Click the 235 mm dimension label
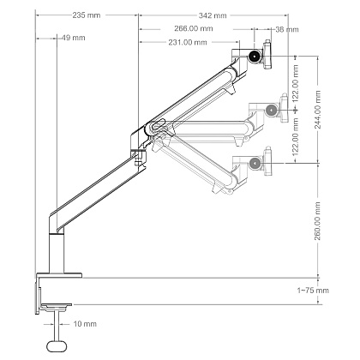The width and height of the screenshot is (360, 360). point(87,15)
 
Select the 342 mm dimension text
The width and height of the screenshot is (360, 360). point(213,15)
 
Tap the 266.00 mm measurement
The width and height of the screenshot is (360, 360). point(194,28)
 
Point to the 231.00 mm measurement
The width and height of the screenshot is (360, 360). point(188,42)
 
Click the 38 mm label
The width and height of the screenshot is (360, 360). point(287,29)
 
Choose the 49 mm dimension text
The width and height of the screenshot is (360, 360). point(74,38)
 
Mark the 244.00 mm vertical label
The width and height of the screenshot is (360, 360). point(318,110)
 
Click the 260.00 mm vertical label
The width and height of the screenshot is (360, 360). point(318,221)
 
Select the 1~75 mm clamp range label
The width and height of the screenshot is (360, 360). point(313,291)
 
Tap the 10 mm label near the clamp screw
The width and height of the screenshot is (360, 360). point(85,324)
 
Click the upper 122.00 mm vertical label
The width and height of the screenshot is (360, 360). point(296,83)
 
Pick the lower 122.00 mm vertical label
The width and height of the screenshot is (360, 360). point(296,136)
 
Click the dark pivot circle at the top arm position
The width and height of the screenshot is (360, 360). point(255,56)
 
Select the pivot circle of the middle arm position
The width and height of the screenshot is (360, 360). point(271,110)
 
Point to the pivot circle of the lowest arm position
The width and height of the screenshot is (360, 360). point(255,164)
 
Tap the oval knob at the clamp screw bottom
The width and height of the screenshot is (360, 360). point(57,346)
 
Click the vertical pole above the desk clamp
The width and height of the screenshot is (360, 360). point(57,254)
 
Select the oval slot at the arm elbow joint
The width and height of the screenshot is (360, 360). point(157,125)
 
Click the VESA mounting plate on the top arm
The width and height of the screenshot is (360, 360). point(267,54)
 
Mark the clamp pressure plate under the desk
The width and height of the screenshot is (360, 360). point(56,305)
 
